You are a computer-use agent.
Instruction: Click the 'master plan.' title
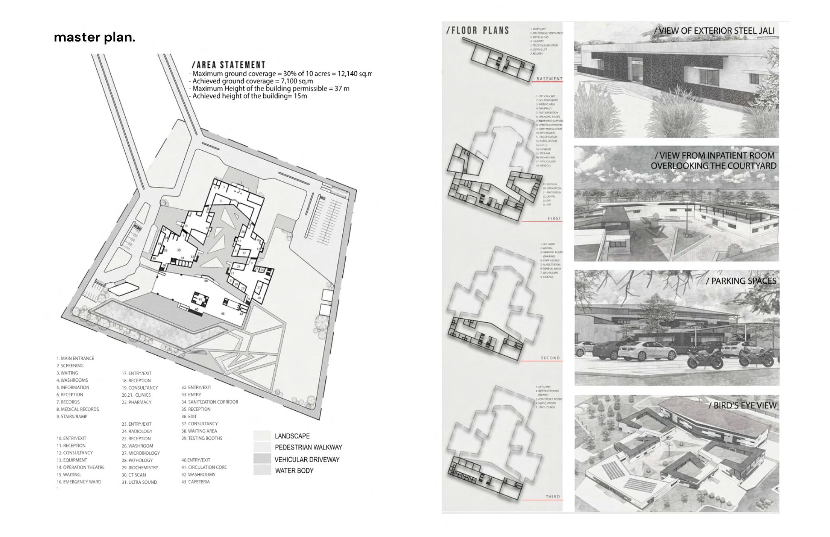95,37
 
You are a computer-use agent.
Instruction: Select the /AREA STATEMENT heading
228,65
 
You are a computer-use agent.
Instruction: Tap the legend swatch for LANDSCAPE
262,436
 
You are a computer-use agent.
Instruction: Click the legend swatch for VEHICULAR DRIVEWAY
262,459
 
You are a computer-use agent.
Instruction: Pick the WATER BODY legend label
294,471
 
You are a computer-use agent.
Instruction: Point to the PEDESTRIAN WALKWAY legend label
308,447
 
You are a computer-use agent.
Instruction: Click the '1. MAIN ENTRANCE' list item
76,358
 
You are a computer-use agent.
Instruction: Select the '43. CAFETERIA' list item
195,482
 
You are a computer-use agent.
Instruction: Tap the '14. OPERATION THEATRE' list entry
81,467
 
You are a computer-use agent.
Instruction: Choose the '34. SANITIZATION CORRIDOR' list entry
210,402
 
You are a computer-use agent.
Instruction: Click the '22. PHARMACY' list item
137,402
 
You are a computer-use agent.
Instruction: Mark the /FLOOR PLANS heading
478,30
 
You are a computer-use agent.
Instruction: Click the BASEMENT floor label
549,79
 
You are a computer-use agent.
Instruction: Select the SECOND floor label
550,358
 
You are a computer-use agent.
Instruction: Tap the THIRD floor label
553,496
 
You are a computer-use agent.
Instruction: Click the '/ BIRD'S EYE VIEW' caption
742,405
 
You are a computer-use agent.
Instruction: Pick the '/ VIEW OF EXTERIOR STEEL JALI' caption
714,31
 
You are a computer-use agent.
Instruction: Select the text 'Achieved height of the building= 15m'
249,96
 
